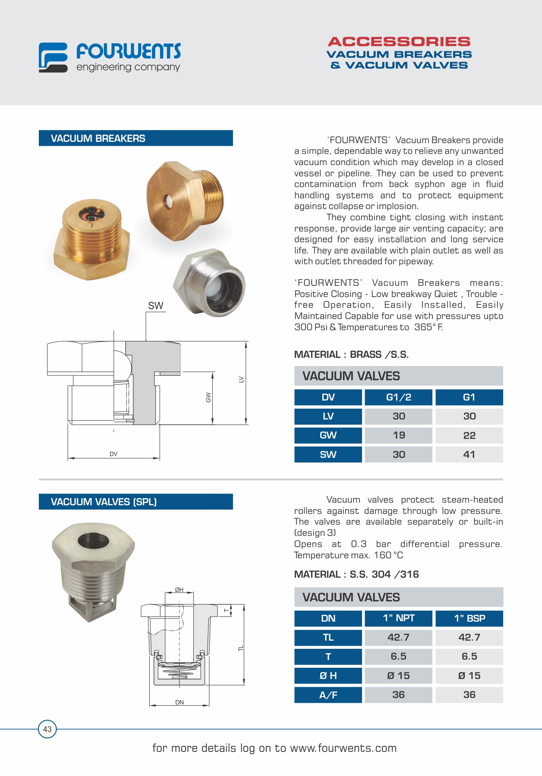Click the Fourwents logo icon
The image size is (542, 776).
(x=53, y=57)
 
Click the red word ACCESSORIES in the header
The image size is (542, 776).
(x=399, y=42)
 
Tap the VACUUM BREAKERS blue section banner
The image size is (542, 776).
(x=135, y=138)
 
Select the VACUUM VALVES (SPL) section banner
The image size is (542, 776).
(x=135, y=502)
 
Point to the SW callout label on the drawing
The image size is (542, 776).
(x=155, y=306)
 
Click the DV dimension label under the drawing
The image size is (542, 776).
(x=113, y=454)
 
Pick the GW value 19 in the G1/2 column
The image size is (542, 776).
(x=398, y=435)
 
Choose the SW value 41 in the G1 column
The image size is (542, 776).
(x=469, y=454)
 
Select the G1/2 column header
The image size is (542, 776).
(x=398, y=397)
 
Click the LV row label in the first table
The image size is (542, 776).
(x=328, y=416)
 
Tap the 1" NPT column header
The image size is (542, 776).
(x=398, y=618)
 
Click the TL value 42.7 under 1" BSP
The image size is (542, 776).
(x=469, y=638)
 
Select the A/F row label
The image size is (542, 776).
(x=328, y=695)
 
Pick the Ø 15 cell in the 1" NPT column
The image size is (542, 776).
(x=398, y=676)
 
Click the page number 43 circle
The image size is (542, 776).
(x=47, y=729)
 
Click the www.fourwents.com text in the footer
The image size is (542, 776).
(x=343, y=748)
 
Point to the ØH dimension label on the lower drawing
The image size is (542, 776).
(x=179, y=590)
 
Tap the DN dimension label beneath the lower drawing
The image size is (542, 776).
(x=180, y=702)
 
